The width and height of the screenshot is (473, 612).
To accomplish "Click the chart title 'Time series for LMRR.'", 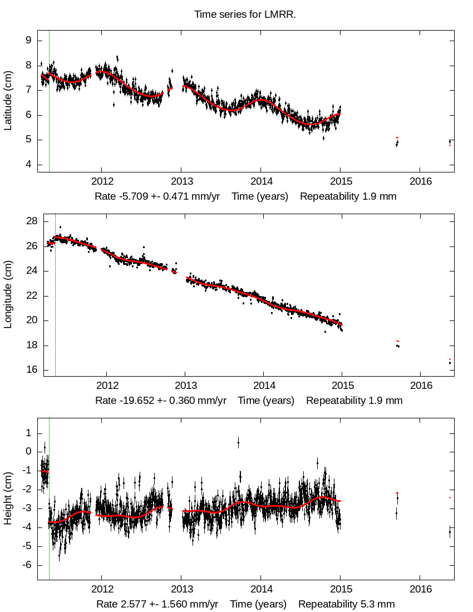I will click(x=245, y=14).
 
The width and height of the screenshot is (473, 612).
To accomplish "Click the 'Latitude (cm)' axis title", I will click(x=8, y=101).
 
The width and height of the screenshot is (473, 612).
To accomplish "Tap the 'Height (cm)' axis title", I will click(x=8, y=499).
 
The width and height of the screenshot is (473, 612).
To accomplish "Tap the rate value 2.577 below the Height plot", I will click(x=131, y=604).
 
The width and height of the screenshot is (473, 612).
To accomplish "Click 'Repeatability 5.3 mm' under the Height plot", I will click(x=346, y=604).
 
